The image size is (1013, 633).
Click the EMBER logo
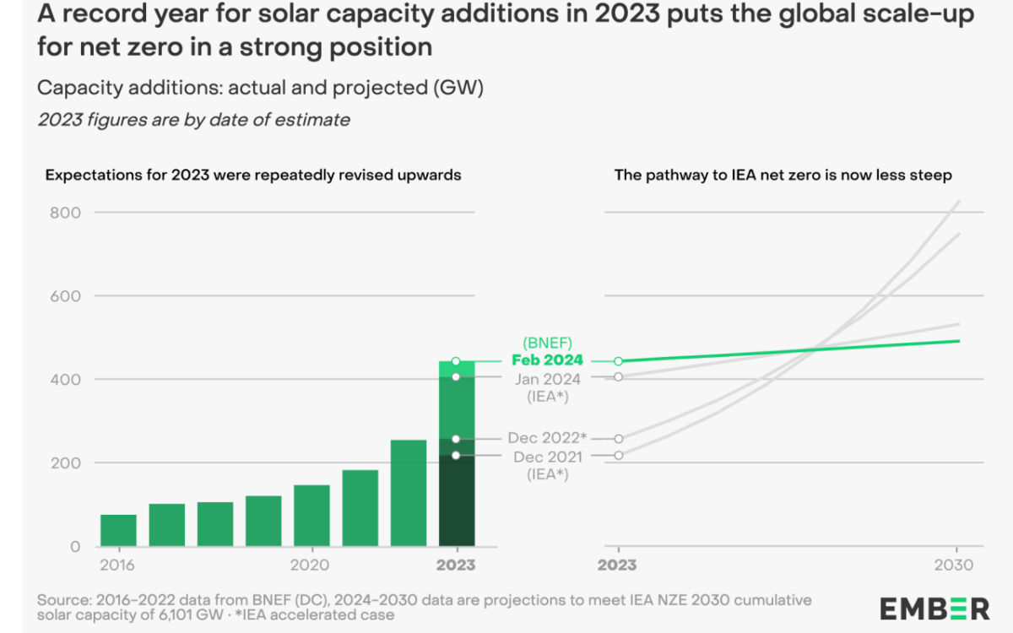coord(934,608)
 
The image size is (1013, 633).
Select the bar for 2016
coord(118,530)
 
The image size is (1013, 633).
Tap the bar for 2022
coord(408,493)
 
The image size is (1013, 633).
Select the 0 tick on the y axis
coord(74,547)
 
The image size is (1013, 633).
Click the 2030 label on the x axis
coord(956,565)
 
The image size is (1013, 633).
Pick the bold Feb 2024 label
coord(547,360)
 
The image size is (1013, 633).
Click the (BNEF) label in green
coord(548,343)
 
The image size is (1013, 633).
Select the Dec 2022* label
coord(547,438)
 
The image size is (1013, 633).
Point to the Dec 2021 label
coord(547,457)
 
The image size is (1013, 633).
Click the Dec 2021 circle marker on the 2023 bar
coord(456,456)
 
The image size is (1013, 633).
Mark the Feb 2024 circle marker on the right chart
coord(618,361)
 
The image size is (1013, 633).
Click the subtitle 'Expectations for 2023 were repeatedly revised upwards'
coord(253,176)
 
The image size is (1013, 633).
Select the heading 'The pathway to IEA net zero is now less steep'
coord(783,176)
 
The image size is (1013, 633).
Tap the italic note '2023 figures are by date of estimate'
coord(193,120)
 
